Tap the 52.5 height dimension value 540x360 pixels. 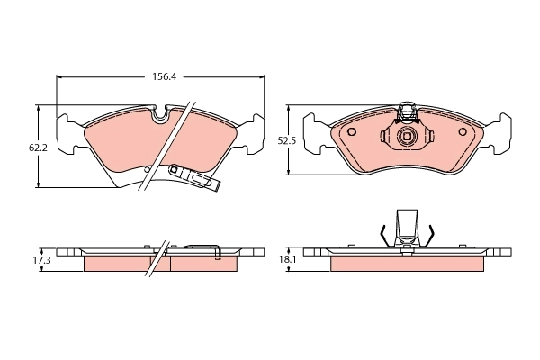(286, 140)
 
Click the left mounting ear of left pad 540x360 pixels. (65, 133)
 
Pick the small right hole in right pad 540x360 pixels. (463, 132)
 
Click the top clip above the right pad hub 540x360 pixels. (407, 112)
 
